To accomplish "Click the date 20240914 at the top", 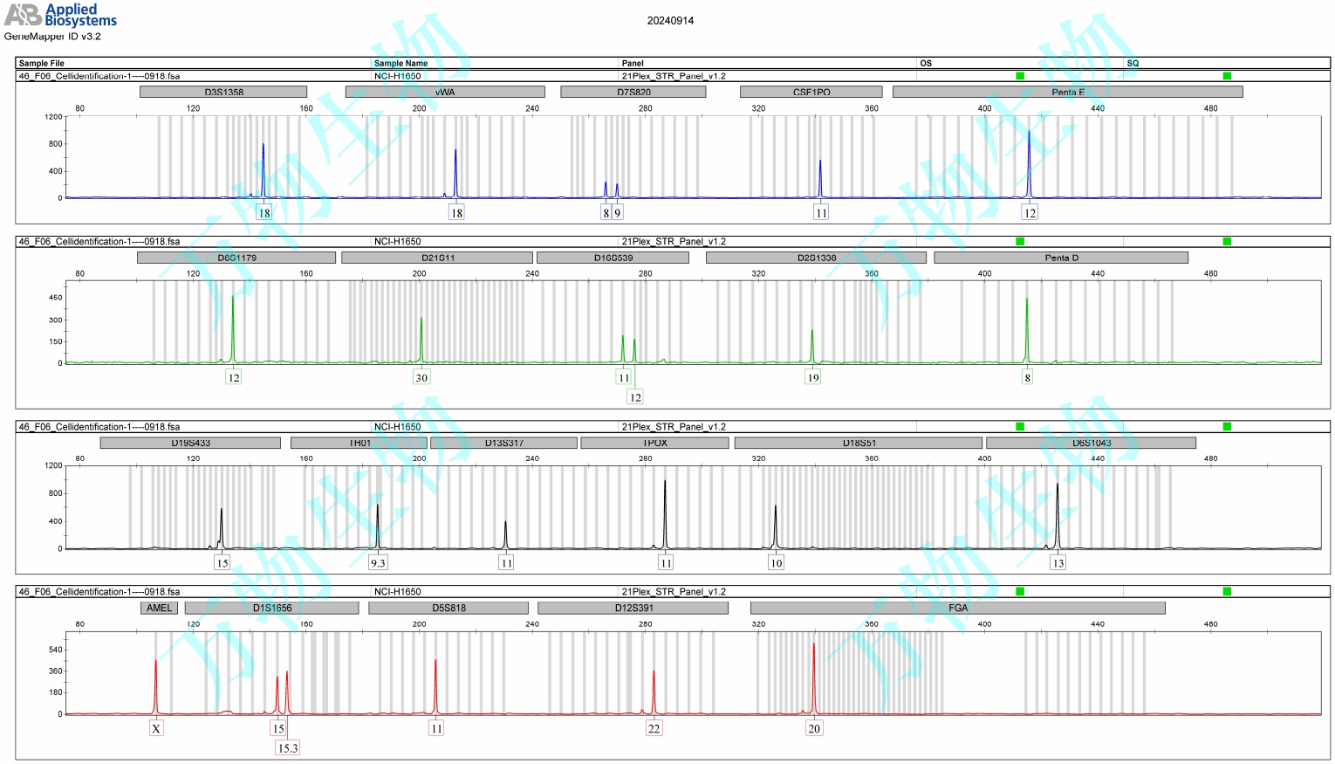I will pos(670,21).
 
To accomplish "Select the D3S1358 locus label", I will pos(223,92).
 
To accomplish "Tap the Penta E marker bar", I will pos(1067,92).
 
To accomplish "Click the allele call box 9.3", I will pos(378,563).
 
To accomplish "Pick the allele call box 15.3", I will pos(287,748).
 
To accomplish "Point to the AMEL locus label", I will pos(159,608).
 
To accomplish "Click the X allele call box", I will pos(156,729).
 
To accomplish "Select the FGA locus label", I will pos(957,608).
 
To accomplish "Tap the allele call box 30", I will pos(421,378).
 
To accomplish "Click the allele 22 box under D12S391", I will pos(654,729).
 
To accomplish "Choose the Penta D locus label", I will pos(1061,258).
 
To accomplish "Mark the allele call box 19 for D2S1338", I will pos(813,378).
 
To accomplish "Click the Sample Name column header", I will pos(401,63).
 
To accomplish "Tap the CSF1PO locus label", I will pos(811,92).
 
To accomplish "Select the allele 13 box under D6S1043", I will pos(1058,563).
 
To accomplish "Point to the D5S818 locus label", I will pos(448,608).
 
